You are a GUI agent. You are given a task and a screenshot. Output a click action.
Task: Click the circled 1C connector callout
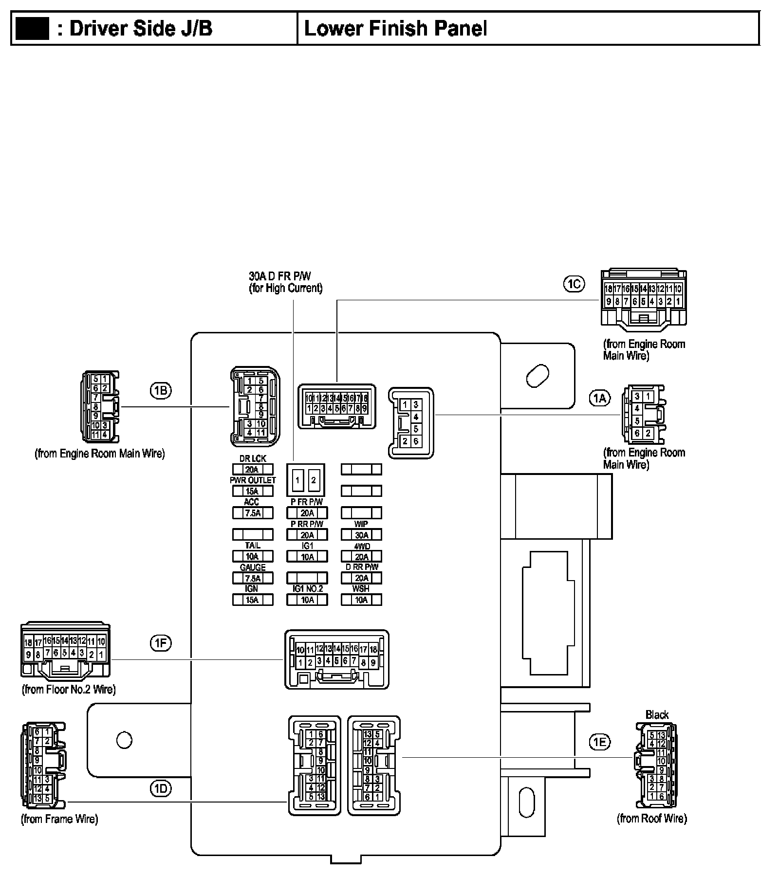click(x=574, y=284)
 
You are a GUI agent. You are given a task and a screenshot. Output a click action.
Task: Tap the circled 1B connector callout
click(x=161, y=390)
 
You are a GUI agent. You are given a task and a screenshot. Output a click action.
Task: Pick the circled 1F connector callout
click(x=161, y=643)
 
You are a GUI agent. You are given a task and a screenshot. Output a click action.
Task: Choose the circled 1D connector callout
click(x=161, y=788)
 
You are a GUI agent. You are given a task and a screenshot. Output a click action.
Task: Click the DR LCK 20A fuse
click(x=253, y=470)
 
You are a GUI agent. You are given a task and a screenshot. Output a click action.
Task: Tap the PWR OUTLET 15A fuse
click(x=253, y=491)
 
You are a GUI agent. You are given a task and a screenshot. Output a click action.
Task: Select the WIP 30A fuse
click(x=361, y=535)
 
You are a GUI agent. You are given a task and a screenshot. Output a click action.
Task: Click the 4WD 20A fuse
click(x=361, y=556)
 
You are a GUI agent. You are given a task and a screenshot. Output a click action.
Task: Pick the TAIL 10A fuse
click(x=253, y=556)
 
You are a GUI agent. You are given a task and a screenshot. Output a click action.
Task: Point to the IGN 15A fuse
click(x=253, y=600)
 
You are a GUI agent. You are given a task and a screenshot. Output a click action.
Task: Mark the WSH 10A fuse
click(x=361, y=600)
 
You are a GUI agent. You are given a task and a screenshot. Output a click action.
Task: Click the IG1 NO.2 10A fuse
click(x=307, y=600)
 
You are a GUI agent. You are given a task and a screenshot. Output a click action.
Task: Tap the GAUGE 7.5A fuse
click(x=253, y=578)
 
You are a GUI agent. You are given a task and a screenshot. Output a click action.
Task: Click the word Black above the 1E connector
click(x=657, y=715)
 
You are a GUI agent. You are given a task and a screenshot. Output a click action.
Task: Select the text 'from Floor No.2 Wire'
click(x=69, y=689)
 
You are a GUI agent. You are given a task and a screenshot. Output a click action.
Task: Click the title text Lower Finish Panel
click(x=395, y=29)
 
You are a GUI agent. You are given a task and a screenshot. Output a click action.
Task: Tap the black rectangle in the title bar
click(x=32, y=28)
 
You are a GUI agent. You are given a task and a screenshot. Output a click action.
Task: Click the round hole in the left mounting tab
click(x=125, y=740)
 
